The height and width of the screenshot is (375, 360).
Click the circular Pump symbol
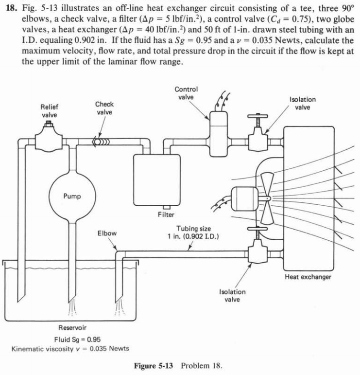pyautogui.click(x=71, y=196)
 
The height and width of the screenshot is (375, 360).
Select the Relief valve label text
pyautogui.click(x=49, y=111)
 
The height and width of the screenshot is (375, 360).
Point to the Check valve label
pyautogui.click(x=104, y=108)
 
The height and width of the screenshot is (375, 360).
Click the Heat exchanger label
pyautogui.click(x=308, y=277)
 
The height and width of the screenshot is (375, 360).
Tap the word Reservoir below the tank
pyautogui.click(x=73, y=327)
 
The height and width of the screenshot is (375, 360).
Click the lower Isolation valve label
pyautogui.click(x=233, y=295)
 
